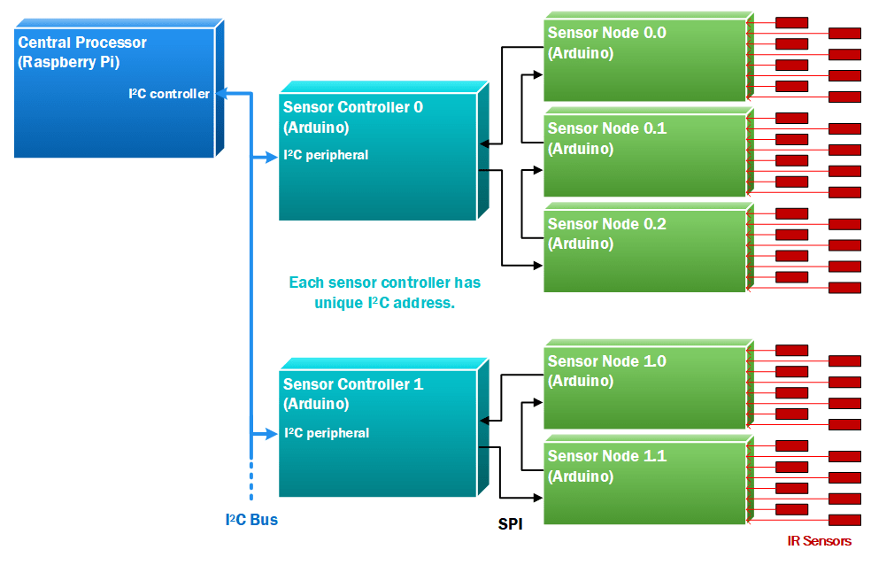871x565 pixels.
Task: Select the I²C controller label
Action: (x=169, y=94)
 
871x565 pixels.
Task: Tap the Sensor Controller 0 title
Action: (x=352, y=107)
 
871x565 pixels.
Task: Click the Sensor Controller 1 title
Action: (x=352, y=384)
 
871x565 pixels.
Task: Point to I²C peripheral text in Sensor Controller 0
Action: (x=326, y=155)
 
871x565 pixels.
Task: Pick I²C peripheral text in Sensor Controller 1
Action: (x=326, y=433)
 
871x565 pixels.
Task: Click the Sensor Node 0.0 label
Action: (x=606, y=34)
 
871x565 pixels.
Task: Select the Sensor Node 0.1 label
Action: (x=606, y=128)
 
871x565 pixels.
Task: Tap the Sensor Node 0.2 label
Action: (x=606, y=224)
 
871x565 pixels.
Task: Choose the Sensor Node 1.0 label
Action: (x=606, y=361)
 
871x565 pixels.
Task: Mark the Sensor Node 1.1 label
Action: (x=606, y=456)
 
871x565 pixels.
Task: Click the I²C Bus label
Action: (x=251, y=520)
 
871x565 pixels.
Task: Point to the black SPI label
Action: (x=510, y=524)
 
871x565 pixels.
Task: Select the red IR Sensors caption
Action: (x=819, y=541)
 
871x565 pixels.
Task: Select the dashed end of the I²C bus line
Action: (x=251, y=484)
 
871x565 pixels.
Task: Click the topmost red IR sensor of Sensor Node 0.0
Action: (x=791, y=22)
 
